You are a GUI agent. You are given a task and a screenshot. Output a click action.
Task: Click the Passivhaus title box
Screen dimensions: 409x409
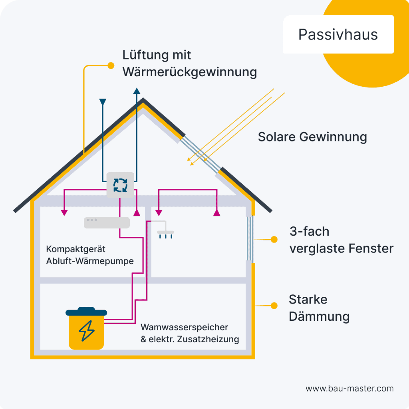click(x=338, y=34)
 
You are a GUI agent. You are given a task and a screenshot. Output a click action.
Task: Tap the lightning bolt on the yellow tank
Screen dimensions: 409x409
click(x=87, y=331)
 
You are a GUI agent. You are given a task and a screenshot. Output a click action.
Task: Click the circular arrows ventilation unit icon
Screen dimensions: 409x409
click(x=120, y=185)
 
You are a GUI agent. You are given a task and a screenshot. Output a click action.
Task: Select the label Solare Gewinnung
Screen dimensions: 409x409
click(x=312, y=137)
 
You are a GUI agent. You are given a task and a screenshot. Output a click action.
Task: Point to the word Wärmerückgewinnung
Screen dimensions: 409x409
click(x=189, y=72)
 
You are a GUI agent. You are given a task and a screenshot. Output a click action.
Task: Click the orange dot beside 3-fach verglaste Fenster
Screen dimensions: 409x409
click(x=274, y=239)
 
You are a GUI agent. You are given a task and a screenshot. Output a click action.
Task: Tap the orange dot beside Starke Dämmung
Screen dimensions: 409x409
click(x=274, y=306)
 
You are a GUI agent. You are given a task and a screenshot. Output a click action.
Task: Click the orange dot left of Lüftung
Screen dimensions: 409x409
click(x=111, y=65)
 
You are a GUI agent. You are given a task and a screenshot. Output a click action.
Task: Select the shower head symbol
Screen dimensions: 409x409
click(x=165, y=234)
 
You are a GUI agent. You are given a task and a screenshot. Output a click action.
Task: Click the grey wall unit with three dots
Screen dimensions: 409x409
click(x=107, y=222)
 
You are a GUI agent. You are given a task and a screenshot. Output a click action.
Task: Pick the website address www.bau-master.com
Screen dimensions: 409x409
click(x=349, y=388)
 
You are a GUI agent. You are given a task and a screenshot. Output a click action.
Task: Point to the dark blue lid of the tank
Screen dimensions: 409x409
click(x=86, y=312)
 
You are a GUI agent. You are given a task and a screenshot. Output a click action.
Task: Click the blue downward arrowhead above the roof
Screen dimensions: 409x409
click(x=103, y=102)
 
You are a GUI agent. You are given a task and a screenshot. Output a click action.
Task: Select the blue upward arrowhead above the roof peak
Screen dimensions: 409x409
click(x=137, y=90)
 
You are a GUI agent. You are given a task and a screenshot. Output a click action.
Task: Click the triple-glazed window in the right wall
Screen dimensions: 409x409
click(x=250, y=239)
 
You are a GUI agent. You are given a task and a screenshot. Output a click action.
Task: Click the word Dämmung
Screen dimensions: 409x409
click(x=319, y=317)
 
